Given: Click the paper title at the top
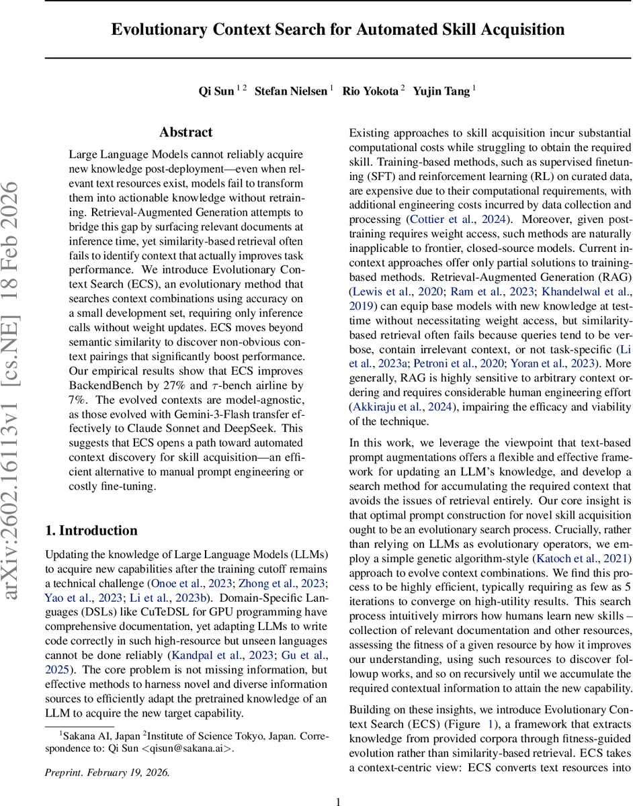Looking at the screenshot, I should [338, 30].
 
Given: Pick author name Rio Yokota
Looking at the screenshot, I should [370, 91].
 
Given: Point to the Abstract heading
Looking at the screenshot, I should [186, 132].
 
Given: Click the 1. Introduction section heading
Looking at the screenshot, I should [91, 512].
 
